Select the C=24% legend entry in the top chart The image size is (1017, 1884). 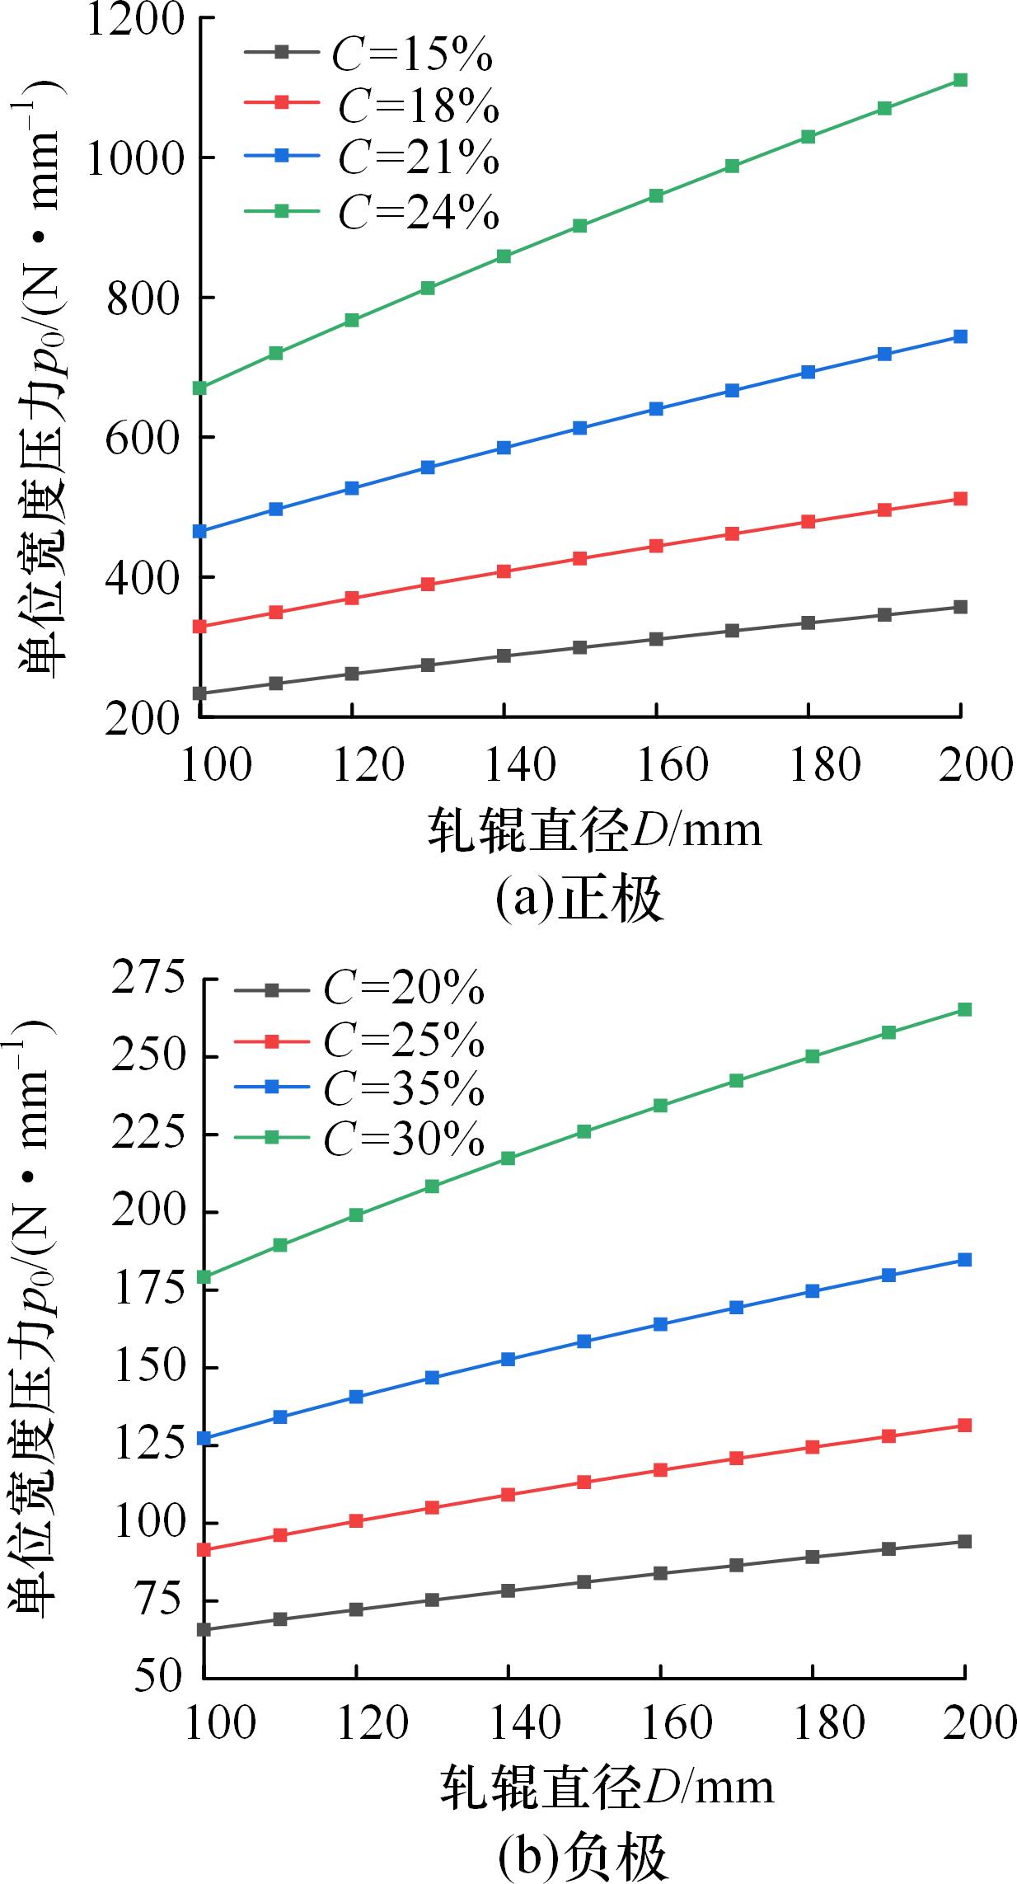pyautogui.click(x=372, y=211)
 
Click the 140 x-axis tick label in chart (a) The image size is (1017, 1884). pyautogui.click(x=504, y=765)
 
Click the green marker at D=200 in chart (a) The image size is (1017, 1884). pyautogui.click(x=960, y=80)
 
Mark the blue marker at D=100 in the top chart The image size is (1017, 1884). pyautogui.click(x=199, y=531)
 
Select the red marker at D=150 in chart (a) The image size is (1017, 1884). pyautogui.click(x=579, y=558)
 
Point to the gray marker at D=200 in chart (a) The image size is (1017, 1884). pyautogui.click(x=960, y=607)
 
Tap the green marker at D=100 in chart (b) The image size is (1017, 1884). pyautogui.click(x=204, y=1277)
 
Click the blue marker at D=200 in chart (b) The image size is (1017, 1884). pyautogui.click(x=965, y=1259)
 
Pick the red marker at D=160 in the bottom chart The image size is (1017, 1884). pyautogui.click(x=660, y=1469)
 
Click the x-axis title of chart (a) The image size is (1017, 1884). pyautogui.click(x=594, y=831)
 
